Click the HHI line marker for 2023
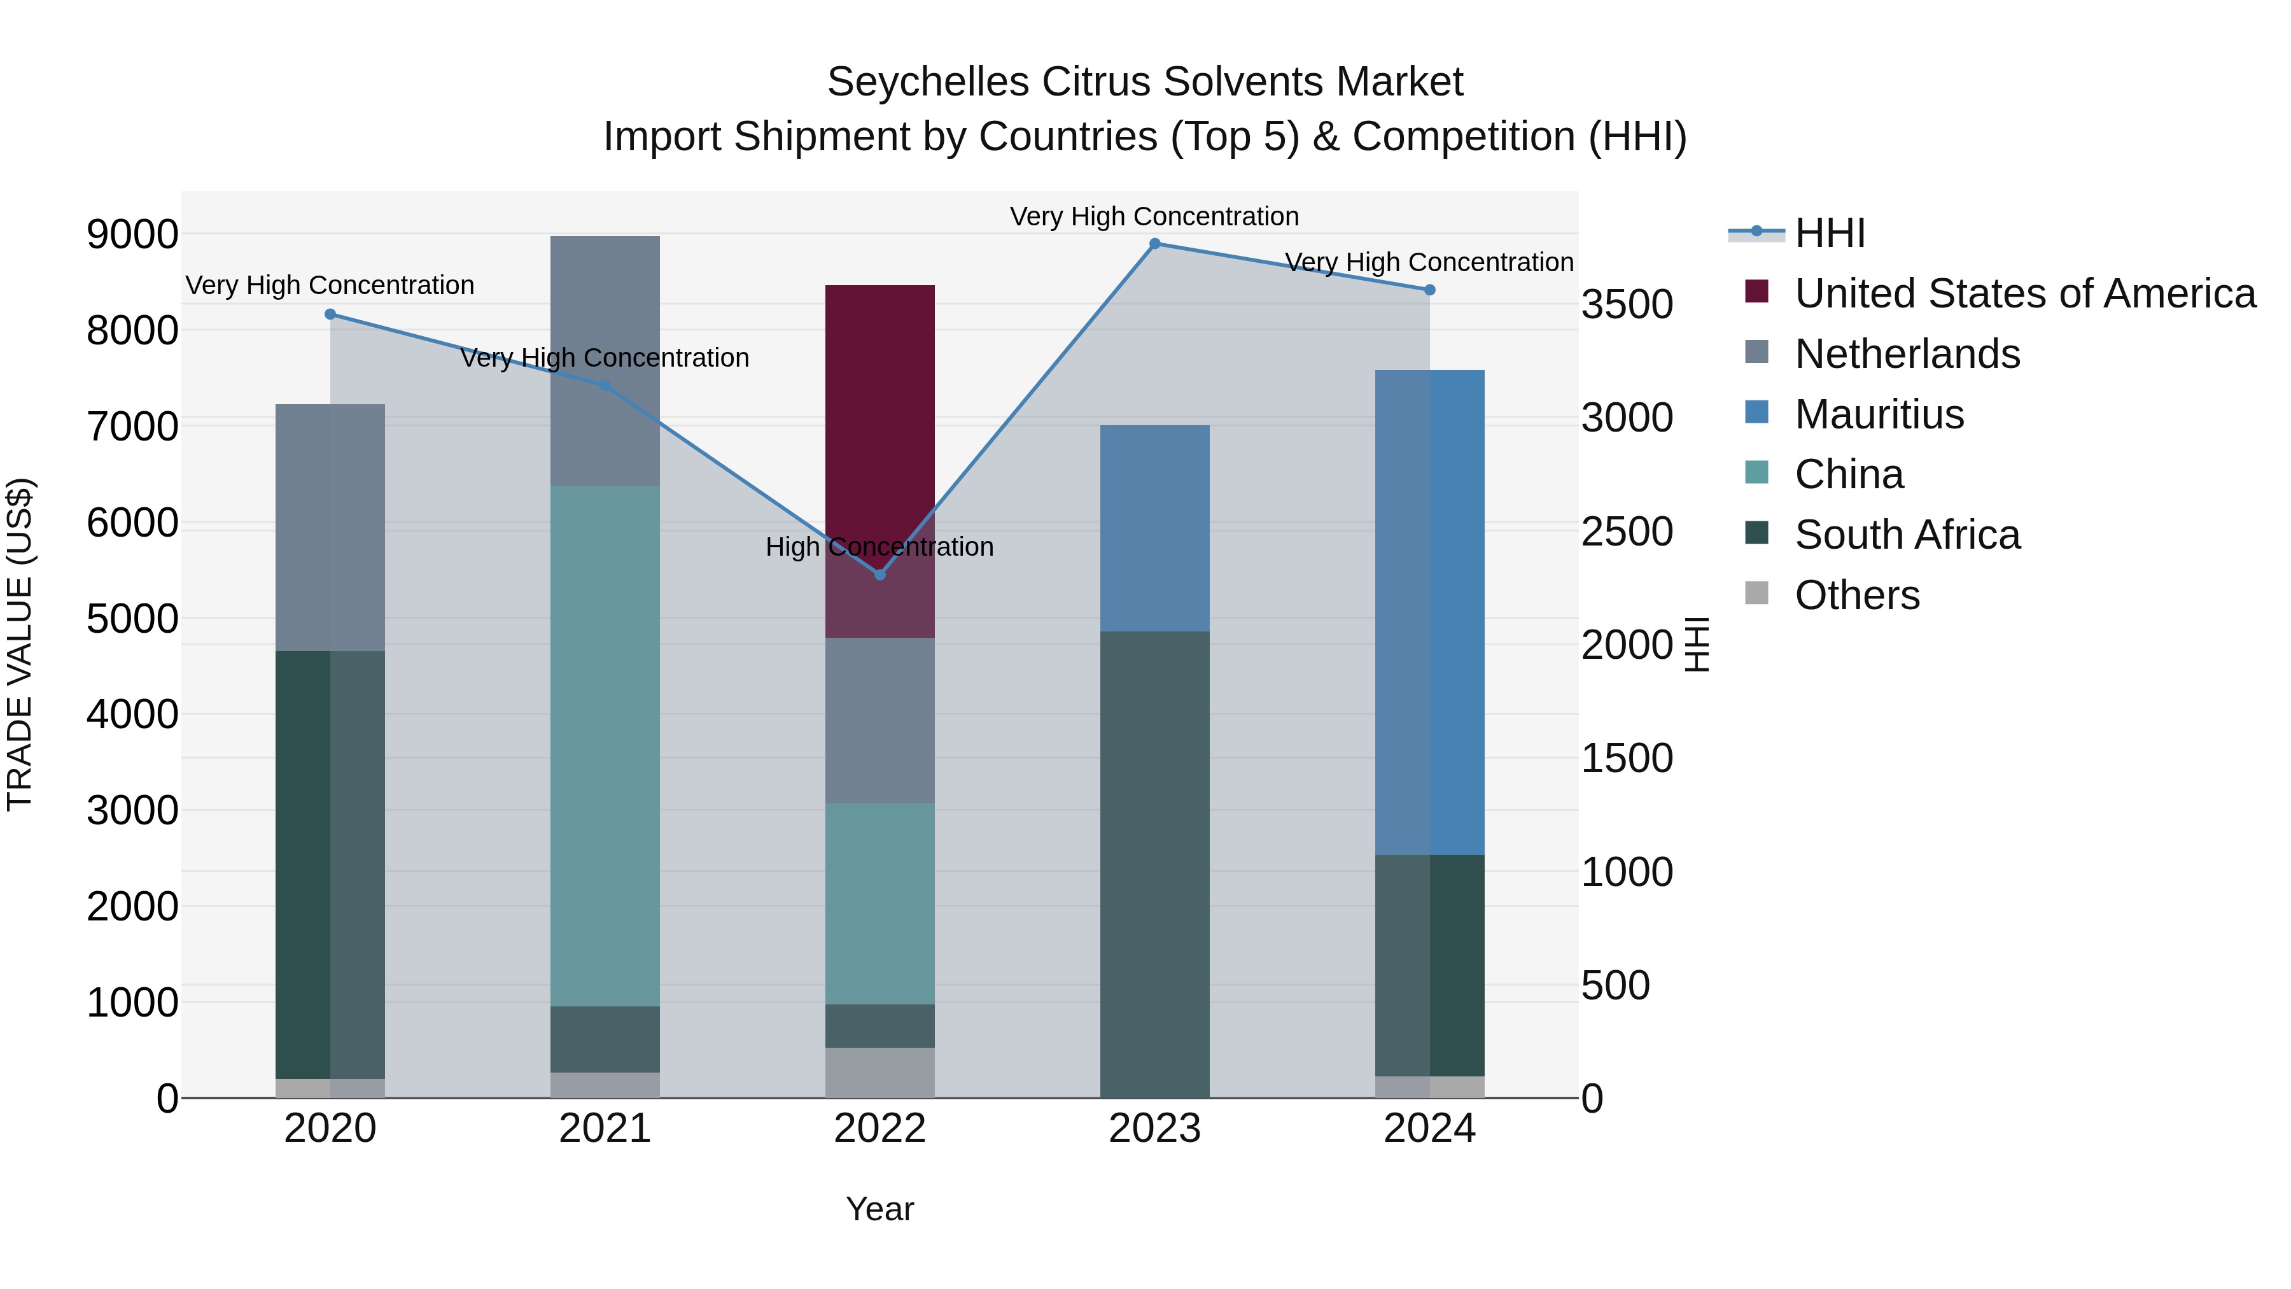click(x=1154, y=244)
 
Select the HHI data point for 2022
click(x=879, y=575)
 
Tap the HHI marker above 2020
click(x=330, y=314)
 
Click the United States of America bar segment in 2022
click(x=879, y=418)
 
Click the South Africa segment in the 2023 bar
click(x=1154, y=863)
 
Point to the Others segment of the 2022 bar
click(x=879, y=1072)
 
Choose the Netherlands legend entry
click(x=1907, y=354)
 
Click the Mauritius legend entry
click(x=1879, y=414)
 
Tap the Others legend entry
click(x=1856, y=595)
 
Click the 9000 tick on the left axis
click(x=132, y=235)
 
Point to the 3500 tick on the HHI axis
click(x=1627, y=304)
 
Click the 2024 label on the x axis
click(x=1429, y=1129)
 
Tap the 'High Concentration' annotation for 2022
click(x=879, y=547)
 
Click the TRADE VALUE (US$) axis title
click(x=20, y=644)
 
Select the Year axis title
click(x=879, y=1209)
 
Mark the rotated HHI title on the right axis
click(x=1697, y=644)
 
